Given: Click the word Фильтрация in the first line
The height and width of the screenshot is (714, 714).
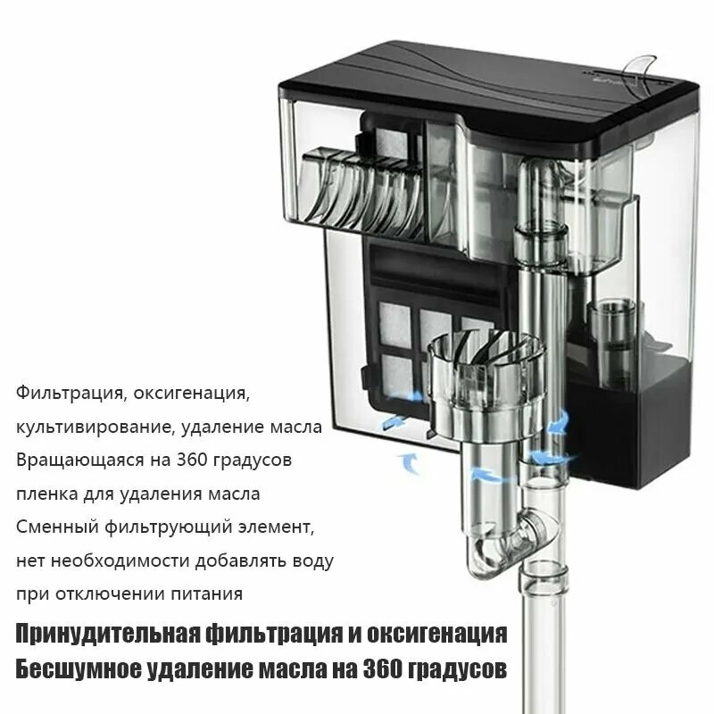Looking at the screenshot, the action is coord(68,393).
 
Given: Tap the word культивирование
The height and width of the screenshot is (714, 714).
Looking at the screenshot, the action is coord(95,427).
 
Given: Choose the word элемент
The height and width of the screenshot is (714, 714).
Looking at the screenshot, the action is coord(277,527).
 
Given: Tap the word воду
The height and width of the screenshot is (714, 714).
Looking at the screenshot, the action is coord(310,561).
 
